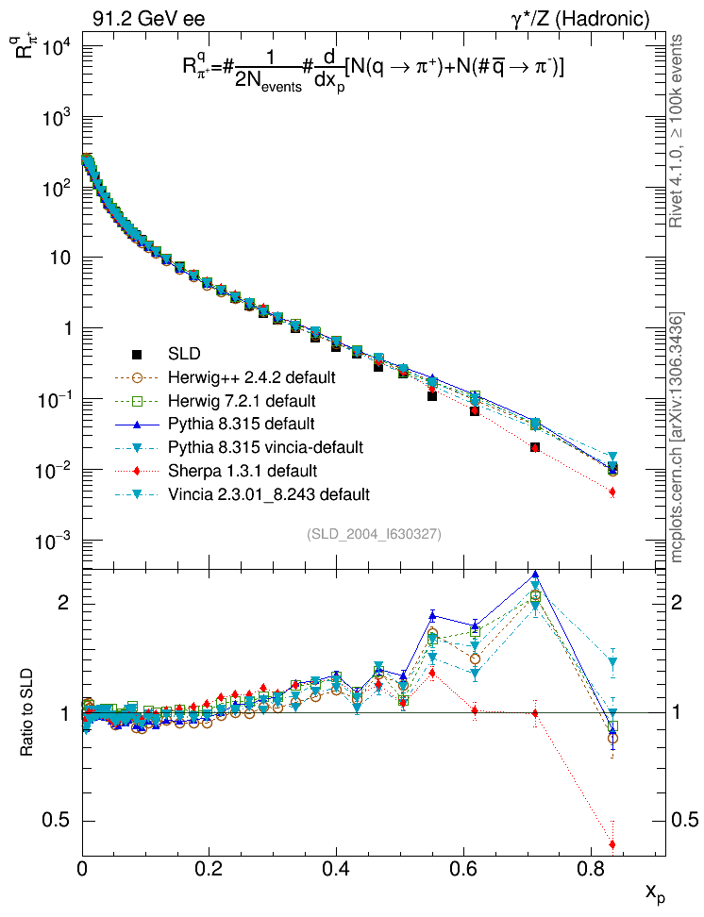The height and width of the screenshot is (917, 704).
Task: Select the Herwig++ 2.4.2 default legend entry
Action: click(x=251, y=377)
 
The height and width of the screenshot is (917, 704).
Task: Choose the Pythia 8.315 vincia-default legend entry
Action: click(x=265, y=445)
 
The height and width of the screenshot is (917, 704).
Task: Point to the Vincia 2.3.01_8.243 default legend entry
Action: click(x=268, y=492)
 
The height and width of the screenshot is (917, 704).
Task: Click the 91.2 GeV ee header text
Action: click(x=148, y=18)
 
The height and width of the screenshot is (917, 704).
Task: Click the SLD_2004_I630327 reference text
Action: click(x=374, y=534)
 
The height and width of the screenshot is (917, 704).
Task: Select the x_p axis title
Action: click(x=655, y=892)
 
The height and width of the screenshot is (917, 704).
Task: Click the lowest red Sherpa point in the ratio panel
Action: click(x=612, y=844)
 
